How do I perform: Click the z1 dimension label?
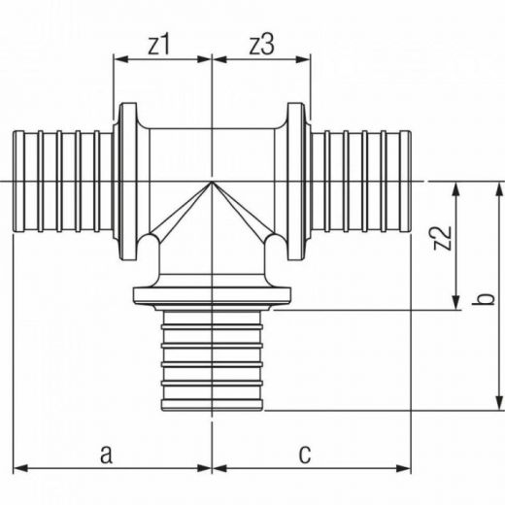158,45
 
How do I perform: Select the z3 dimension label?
262,45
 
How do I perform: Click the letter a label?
107,454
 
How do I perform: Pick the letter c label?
305,454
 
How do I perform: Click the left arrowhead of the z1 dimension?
121,59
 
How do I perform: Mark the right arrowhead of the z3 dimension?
303,59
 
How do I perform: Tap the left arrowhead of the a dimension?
20,468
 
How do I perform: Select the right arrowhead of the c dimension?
403,468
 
